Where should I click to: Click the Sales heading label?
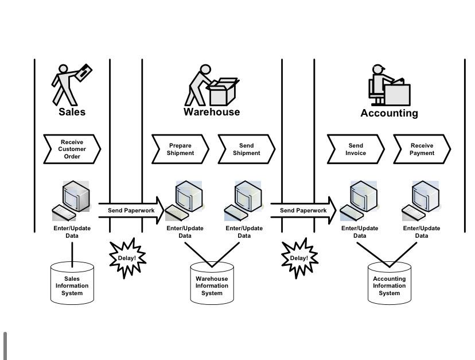72,112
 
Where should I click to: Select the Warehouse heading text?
212,112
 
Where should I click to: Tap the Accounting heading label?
389,113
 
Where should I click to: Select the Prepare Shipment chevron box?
180,149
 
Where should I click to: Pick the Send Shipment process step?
246,149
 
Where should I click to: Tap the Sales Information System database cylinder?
72,283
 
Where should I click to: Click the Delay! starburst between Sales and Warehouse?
127,258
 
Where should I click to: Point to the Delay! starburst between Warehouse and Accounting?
298,258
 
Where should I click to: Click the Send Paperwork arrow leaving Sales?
131,211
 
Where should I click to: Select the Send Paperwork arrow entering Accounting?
303,211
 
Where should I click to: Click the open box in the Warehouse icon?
223,92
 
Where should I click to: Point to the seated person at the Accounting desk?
379,85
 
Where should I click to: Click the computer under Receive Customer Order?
72,200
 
